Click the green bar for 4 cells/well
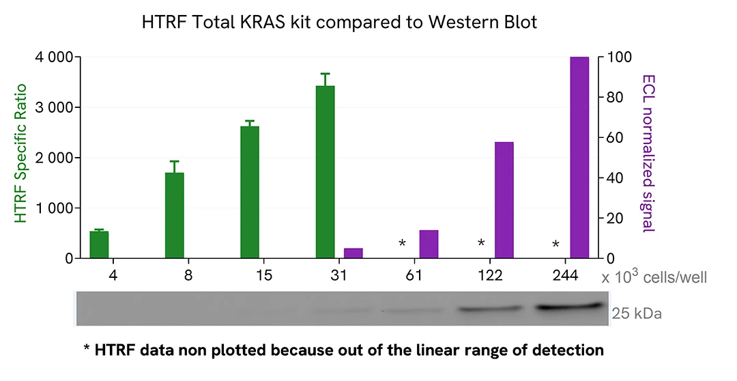click(100, 244)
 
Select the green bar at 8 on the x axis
click(175, 215)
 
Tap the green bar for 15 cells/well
click(250, 192)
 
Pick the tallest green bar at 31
click(326, 171)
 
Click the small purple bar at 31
click(353, 253)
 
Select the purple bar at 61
click(429, 244)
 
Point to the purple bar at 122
click(504, 200)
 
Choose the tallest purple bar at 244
click(579, 158)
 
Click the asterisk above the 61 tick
click(403, 244)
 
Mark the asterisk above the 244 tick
click(555, 244)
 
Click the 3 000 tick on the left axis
click(54, 107)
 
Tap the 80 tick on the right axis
click(616, 97)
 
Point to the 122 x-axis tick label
click(490, 276)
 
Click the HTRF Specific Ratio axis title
click(21, 153)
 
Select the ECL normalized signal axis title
click(648, 154)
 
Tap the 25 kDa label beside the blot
click(637, 314)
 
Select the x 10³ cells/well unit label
click(654, 277)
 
